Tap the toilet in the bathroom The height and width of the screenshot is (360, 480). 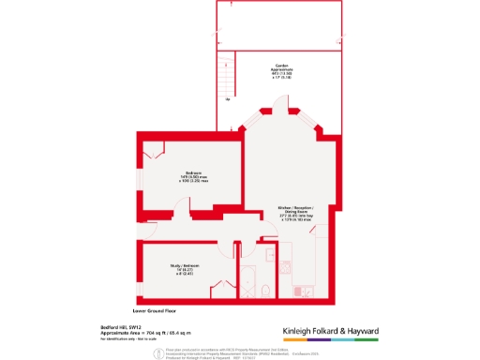click(x=270, y=290)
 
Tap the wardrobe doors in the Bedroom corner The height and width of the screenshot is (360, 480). click(x=154, y=148)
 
